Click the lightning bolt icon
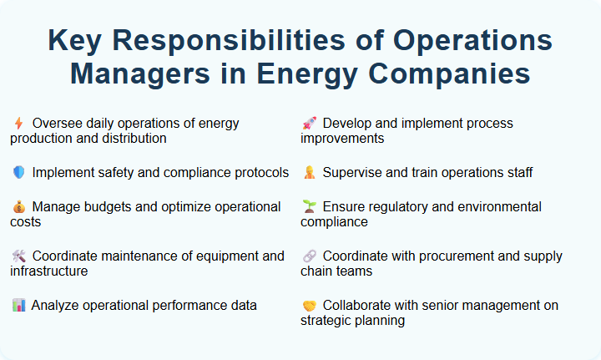(x=18, y=124)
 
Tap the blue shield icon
(x=18, y=173)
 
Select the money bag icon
(x=18, y=206)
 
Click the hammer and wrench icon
(x=18, y=256)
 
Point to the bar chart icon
(x=18, y=306)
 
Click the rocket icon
(x=308, y=124)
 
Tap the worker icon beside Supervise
(x=308, y=173)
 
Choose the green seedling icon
(x=308, y=206)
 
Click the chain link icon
(x=308, y=256)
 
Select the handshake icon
(x=308, y=306)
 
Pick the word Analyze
(x=57, y=306)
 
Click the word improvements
(x=342, y=139)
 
